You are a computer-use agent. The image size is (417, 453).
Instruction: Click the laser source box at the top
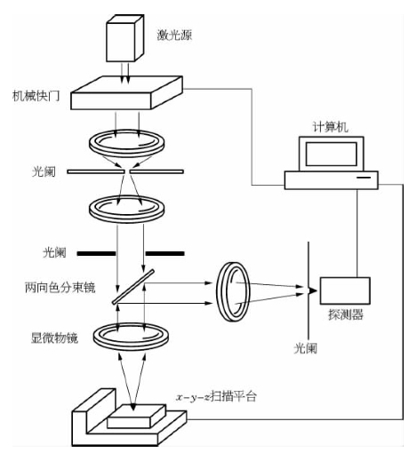tap(124, 38)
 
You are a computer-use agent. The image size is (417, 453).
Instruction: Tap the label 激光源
tap(174, 36)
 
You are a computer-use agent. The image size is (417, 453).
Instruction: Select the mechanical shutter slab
tap(126, 92)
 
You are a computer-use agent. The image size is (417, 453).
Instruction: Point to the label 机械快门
tap(36, 96)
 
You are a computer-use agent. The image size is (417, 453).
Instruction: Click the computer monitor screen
tap(331, 154)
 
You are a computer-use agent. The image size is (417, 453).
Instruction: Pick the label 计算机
tap(331, 127)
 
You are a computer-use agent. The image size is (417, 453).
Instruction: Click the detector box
tap(345, 290)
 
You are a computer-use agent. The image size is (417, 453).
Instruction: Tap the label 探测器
tap(346, 314)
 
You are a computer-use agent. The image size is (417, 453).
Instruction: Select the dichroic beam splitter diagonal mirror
tap(133, 286)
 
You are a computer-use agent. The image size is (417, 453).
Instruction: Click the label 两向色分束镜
tap(60, 288)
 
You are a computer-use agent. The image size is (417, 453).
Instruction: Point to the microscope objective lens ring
tap(131, 338)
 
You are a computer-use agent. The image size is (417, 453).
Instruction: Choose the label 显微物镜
tap(54, 338)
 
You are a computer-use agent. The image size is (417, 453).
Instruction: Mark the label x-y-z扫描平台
tap(216, 396)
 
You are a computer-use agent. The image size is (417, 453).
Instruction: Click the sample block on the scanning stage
tap(136, 416)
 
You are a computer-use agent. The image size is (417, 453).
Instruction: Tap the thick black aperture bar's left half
tap(96, 253)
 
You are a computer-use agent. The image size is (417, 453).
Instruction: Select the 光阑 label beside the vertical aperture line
tap(305, 348)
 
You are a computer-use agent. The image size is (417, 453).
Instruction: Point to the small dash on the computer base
tap(364, 178)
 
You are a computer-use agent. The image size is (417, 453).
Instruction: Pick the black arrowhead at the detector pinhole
tap(312, 290)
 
